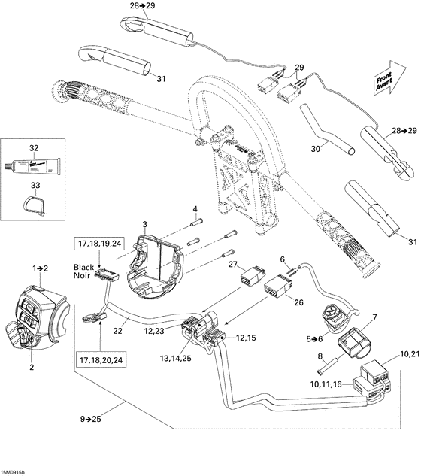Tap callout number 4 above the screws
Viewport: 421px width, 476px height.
[x=194, y=208]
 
